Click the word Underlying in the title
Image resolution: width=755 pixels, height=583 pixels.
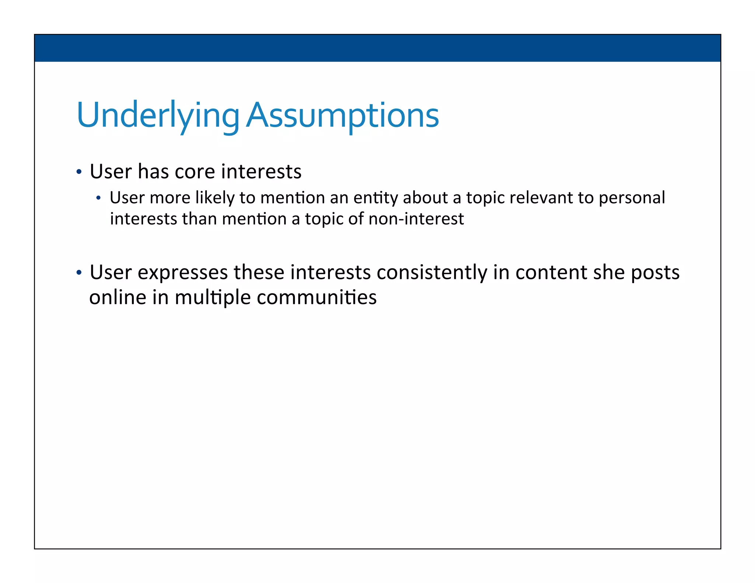click(158, 115)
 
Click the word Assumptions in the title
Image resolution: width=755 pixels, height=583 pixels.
click(342, 115)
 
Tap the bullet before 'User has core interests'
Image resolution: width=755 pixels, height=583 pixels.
click(79, 172)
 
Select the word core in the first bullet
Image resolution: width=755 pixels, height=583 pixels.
click(195, 172)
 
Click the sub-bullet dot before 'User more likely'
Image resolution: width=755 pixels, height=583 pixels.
click(98, 198)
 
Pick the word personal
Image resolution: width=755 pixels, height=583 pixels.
click(632, 198)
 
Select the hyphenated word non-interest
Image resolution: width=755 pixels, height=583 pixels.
click(416, 219)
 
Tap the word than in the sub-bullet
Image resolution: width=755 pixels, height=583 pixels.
click(199, 219)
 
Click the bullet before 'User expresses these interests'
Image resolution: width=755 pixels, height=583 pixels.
click(79, 273)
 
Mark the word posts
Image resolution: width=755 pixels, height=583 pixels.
click(655, 273)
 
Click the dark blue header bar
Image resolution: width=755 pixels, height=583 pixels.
click(377, 48)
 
